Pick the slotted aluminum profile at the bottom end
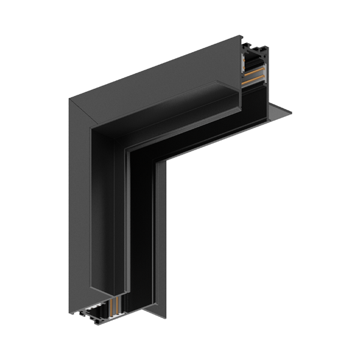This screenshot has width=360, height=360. pos(96,315)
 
